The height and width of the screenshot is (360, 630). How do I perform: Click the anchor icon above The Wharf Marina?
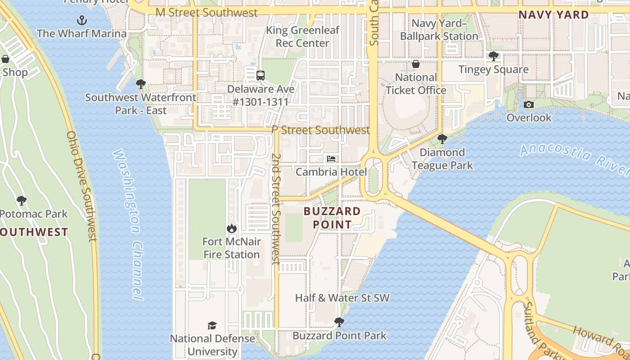click(81, 20)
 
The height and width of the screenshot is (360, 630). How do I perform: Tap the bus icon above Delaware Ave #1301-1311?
click(261, 75)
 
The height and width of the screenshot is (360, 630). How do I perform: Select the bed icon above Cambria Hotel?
click(331, 159)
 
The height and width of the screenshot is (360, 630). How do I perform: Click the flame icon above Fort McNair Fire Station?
click(232, 228)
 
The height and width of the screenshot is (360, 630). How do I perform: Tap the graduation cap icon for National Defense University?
click(212, 325)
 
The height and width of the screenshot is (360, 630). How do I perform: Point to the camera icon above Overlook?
click(529, 104)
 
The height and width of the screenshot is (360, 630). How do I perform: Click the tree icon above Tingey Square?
click(494, 56)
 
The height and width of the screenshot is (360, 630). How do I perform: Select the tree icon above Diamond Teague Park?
click(442, 139)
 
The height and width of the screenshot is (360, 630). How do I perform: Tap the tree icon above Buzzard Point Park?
click(339, 322)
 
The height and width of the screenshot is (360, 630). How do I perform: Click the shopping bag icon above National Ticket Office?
click(416, 64)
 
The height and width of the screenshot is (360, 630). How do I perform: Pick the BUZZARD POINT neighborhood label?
click(332, 218)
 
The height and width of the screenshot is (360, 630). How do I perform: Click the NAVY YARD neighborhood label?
click(553, 15)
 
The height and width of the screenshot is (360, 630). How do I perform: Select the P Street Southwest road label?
click(320, 130)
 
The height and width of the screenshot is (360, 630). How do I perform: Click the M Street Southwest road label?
click(207, 13)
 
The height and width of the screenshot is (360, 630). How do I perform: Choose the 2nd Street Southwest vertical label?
click(275, 209)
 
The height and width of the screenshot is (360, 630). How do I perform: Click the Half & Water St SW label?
click(342, 298)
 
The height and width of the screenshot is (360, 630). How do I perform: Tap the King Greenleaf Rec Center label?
click(302, 37)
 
